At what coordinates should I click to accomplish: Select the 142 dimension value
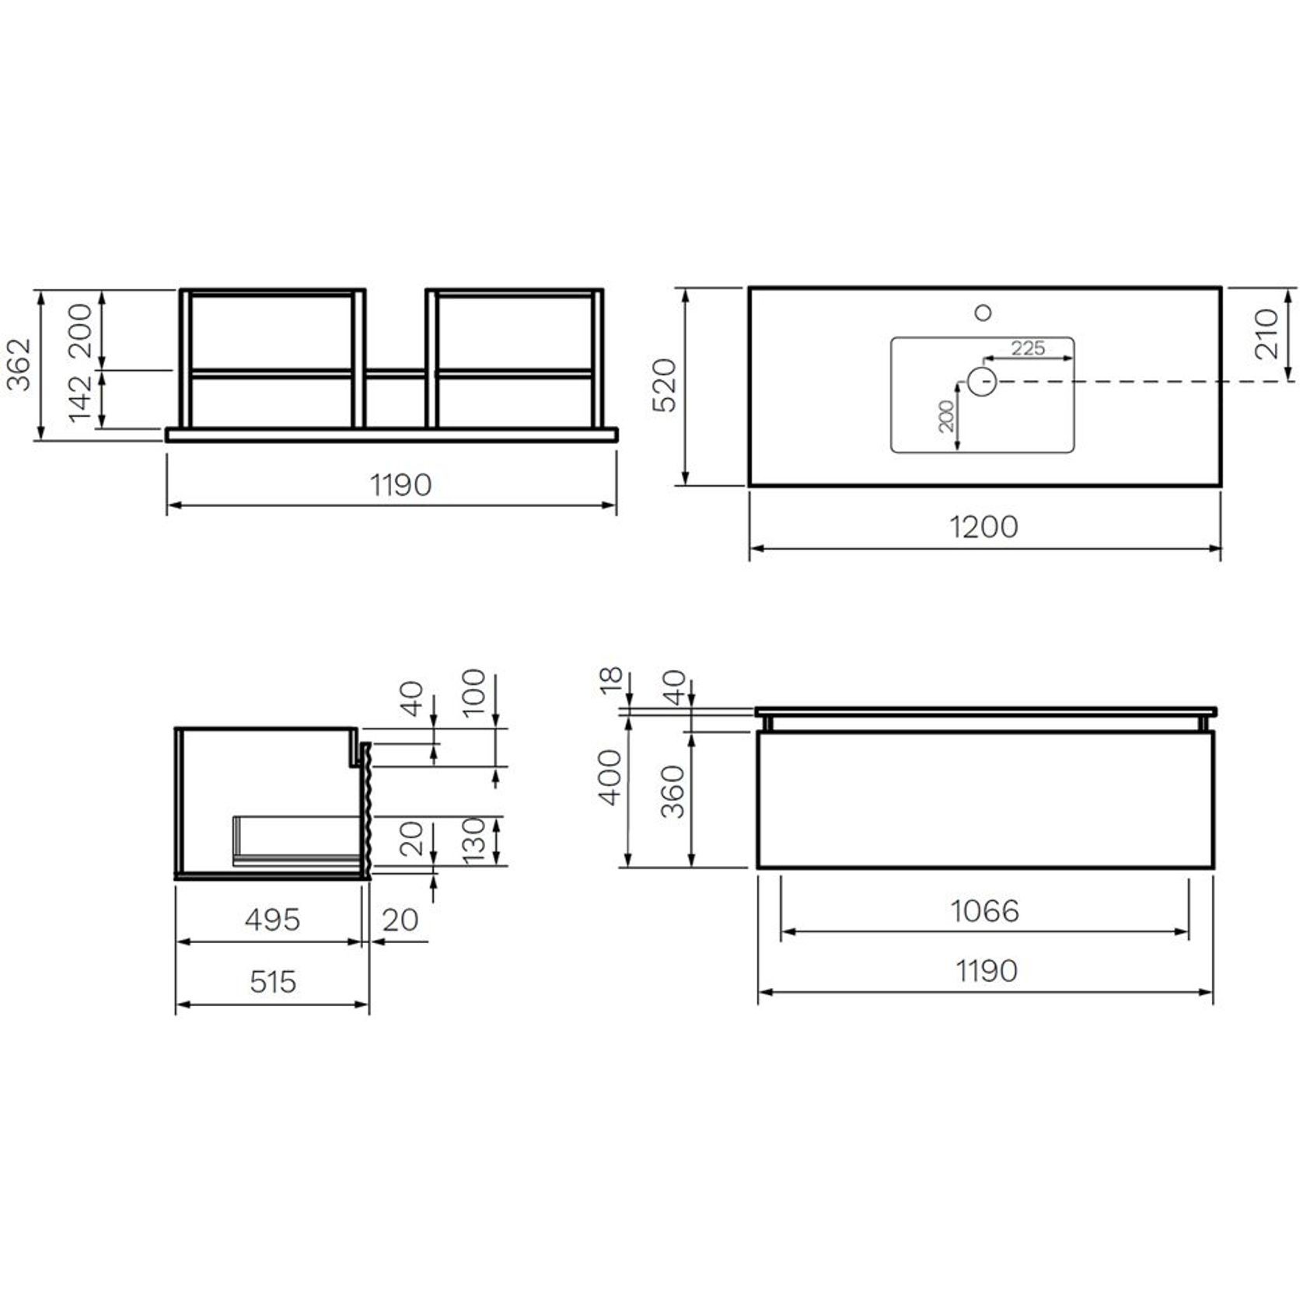pyautogui.click(x=81, y=398)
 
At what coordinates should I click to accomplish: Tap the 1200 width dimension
pyautogui.click(x=983, y=527)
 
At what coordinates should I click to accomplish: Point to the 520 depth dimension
pyautogui.click(x=665, y=385)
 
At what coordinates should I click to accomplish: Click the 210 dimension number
pyautogui.click(x=1266, y=334)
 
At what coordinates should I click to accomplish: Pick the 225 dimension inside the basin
pyautogui.click(x=1028, y=348)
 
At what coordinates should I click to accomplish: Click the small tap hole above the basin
pyautogui.click(x=983, y=313)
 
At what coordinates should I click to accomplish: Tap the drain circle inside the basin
pyautogui.click(x=982, y=382)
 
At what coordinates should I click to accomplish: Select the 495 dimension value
pyautogui.click(x=272, y=920)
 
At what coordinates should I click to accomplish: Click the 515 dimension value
pyautogui.click(x=273, y=982)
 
